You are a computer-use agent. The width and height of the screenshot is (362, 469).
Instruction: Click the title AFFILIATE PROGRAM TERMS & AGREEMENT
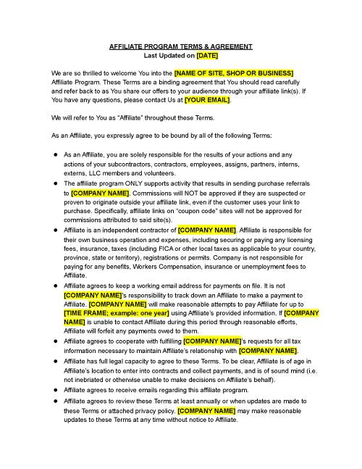pos(181,46)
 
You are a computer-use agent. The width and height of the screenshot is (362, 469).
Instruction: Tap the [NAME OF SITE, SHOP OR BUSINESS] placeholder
pos(234,74)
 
